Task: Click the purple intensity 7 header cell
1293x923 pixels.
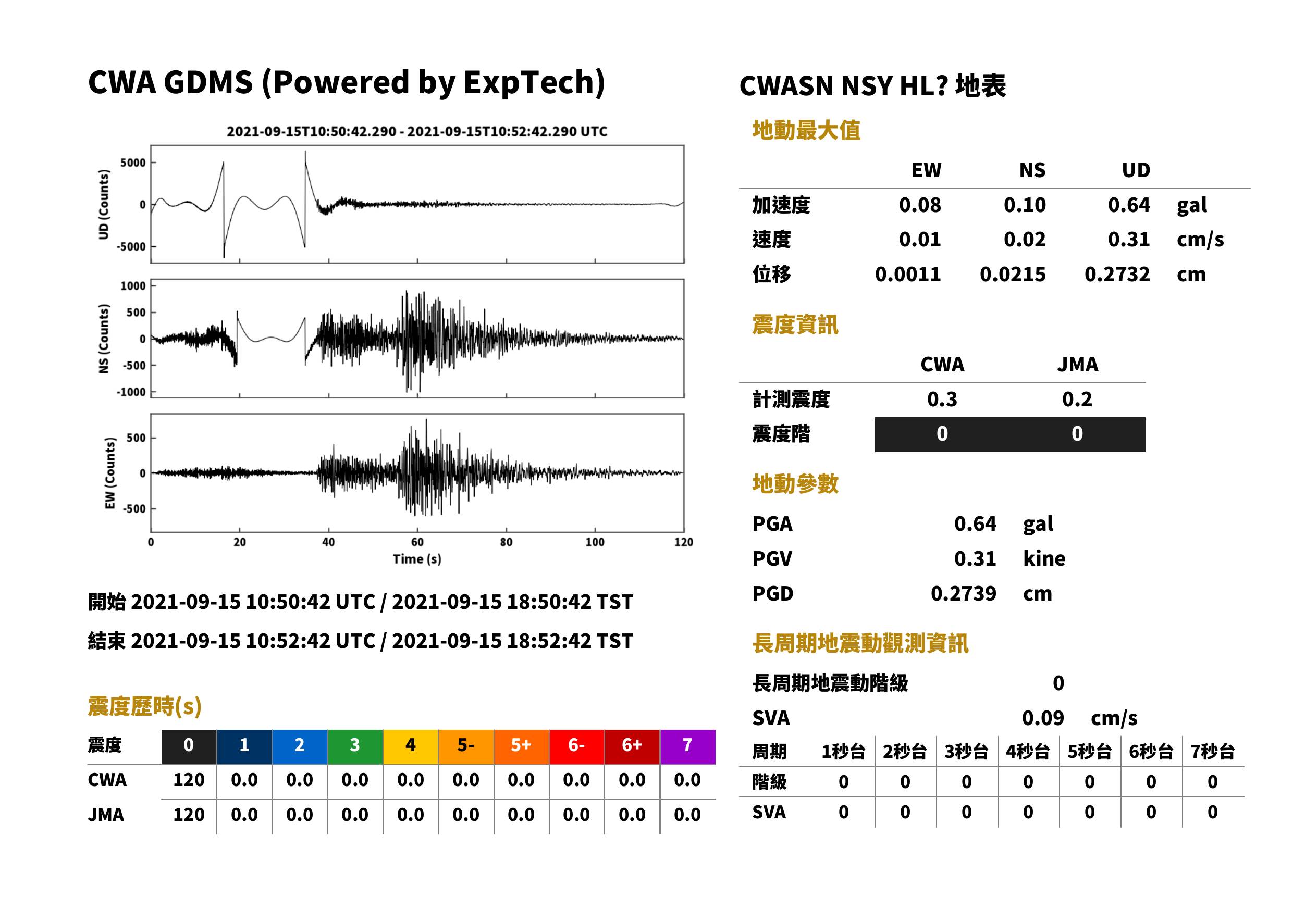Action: (687, 746)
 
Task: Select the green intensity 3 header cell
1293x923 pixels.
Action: (355, 746)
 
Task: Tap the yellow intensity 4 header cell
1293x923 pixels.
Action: (411, 746)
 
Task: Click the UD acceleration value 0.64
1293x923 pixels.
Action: (1129, 205)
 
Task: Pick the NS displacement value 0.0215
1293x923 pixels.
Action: (1013, 275)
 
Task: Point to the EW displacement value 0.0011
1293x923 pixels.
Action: (908, 275)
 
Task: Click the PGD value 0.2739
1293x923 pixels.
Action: (964, 594)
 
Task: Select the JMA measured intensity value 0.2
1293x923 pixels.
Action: (1077, 400)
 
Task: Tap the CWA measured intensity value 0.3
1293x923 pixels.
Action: (942, 400)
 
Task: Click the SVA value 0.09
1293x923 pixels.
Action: (1043, 718)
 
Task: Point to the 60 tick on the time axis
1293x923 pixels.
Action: (417, 542)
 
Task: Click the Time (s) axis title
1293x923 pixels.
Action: (417, 559)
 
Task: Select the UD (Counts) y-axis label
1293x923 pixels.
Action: (104, 205)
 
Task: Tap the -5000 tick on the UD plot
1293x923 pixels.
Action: (131, 247)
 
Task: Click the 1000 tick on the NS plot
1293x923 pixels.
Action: (133, 286)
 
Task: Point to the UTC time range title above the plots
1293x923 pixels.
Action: (417, 132)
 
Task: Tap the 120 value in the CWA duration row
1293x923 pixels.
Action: (189, 780)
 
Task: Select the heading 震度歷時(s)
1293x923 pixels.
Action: (145, 706)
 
